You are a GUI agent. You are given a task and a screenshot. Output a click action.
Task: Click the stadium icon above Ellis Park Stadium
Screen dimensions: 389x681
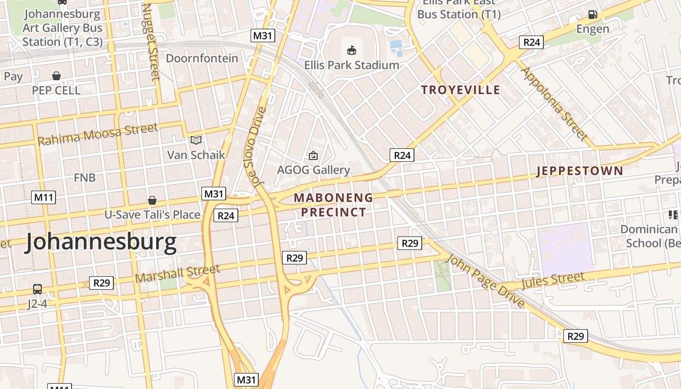click(352, 50)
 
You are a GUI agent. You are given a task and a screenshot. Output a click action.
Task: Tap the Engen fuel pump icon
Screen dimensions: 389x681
click(592, 15)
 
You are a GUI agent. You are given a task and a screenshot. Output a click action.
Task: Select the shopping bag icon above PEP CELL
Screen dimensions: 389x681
click(56, 76)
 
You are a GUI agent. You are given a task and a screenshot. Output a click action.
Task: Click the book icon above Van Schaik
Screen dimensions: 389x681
click(196, 141)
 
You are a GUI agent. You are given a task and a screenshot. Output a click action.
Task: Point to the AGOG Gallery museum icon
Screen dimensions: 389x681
click(313, 156)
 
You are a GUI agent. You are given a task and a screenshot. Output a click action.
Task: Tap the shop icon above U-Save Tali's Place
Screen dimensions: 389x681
click(152, 200)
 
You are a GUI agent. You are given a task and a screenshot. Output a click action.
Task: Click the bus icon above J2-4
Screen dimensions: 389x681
click(37, 289)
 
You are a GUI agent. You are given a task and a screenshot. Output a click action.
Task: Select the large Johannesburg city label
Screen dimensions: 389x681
click(101, 242)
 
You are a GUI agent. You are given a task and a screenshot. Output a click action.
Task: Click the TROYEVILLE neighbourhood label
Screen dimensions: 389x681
click(461, 90)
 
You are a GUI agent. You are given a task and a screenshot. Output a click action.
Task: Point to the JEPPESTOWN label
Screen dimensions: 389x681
click(579, 171)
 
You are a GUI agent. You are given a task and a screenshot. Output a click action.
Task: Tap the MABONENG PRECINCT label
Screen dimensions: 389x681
click(334, 205)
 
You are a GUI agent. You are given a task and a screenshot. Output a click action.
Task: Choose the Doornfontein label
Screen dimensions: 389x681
click(202, 58)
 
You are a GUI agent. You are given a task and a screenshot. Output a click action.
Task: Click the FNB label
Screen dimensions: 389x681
click(85, 177)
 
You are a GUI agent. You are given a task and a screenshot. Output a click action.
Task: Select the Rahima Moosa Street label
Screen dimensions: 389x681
click(98, 134)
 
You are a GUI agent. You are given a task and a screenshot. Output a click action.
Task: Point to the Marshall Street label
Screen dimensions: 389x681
click(178, 273)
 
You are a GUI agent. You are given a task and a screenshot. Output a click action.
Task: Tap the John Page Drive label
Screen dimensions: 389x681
click(486, 281)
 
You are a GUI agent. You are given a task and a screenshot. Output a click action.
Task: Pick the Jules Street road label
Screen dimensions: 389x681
click(553, 281)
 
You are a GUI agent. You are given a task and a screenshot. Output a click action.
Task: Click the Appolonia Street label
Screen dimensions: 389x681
click(554, 103)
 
